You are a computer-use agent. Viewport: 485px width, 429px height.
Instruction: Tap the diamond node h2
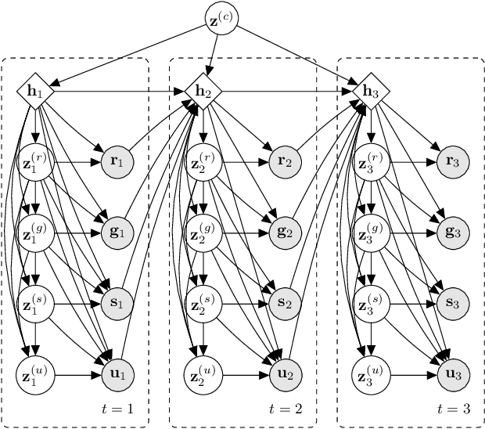pyautogui.click(x=203, y=92)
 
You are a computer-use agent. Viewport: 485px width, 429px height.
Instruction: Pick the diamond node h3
pyautogui.click(x=371, y=92)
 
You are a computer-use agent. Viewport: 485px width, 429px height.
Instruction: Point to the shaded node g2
pyautogui.click(x=285, y=233)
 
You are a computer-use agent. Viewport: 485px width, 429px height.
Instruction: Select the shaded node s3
pyautogui.click(x=452, y=303)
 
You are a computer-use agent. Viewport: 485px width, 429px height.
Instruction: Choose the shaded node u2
pyautogui.click(x=285, y=373)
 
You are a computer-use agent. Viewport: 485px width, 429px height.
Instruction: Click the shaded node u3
pyautogui.click(x=452, y=373)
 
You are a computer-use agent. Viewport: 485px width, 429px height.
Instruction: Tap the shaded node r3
pyautogui.click(x=452, y=162)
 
